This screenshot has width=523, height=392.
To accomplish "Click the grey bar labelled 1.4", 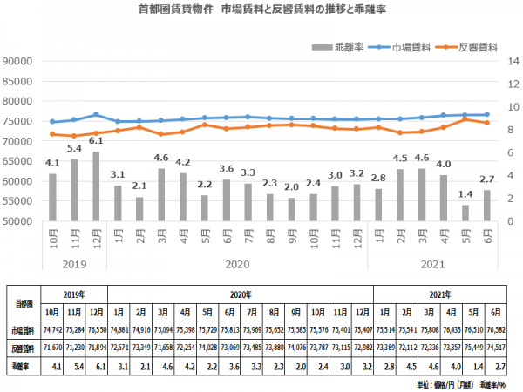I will [x=466, y=213].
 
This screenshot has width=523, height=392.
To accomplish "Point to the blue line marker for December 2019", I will [x=96, y=115].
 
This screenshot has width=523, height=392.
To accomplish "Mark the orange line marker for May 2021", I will [x=466, y=119].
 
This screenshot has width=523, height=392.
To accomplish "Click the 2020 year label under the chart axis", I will [x=238, y=260].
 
